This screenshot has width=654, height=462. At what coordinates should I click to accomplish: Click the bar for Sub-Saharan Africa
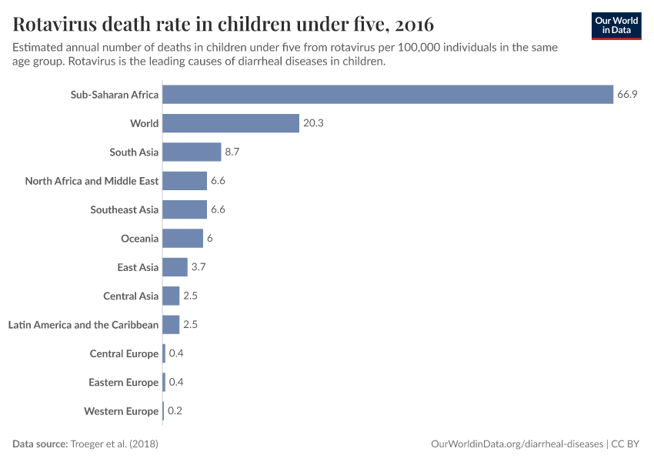(x=387, y=95)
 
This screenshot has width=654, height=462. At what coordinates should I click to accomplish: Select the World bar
(x=230, y=123)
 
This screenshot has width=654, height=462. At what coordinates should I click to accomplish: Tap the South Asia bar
(x=192, y=152)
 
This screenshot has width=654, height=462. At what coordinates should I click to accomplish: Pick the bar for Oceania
(x=182, y=239)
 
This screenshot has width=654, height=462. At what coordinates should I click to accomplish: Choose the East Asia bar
(x=175, y=267)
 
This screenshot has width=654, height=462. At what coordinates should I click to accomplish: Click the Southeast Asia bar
(x=185, y=209)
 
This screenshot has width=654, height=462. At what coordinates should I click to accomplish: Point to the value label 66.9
(x=627, y=95)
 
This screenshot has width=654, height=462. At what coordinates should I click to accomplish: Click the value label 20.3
(x=313, y=123)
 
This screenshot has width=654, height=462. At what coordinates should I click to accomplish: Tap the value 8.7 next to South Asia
(x=232, y=152)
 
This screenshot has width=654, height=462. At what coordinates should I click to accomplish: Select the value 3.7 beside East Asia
(x=199, y=267)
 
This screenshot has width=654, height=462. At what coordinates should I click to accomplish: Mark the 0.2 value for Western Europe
(x=175, y=411)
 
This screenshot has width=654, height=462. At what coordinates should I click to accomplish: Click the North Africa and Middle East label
(x=92, y=181)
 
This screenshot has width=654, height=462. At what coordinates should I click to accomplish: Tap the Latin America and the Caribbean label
(x=83, y=325)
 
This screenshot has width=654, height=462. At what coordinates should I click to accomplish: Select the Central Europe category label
(x=124, y=353)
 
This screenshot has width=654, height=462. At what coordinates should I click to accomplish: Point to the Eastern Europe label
(x=123, y=383)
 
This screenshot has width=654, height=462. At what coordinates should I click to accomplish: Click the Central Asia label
(x=131, y=296)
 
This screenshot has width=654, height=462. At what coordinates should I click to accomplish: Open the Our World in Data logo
(x=616, y=25)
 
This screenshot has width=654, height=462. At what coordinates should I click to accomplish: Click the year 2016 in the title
(x=412, y=22)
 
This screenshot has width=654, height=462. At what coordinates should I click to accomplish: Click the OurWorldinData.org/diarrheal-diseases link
(x=517, y=444)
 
